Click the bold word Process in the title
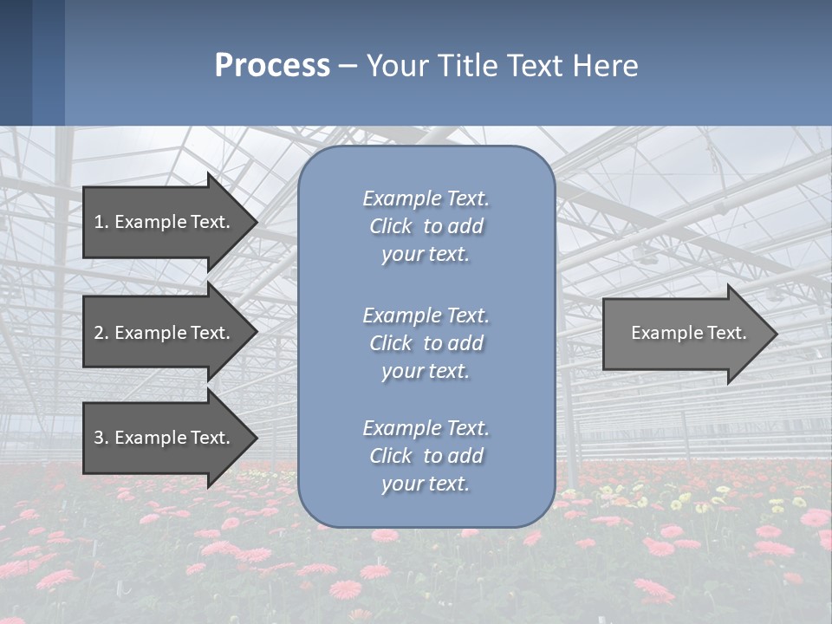point(272,66)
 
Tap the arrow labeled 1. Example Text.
point(162,222)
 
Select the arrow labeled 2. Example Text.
point(162,333)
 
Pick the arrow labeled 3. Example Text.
point(162,438)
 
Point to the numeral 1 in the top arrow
point(99,222)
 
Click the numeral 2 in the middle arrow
point(99,333)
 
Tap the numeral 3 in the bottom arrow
point(99,438)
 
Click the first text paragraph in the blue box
point(426,226)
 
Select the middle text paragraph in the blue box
point(426,343)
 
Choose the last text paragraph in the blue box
point(426,456)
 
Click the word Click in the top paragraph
point(391,226)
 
